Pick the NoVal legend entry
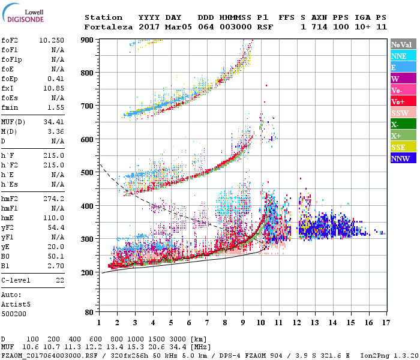point(402,44)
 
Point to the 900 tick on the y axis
point(88,40)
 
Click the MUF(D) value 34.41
point(54,122)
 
